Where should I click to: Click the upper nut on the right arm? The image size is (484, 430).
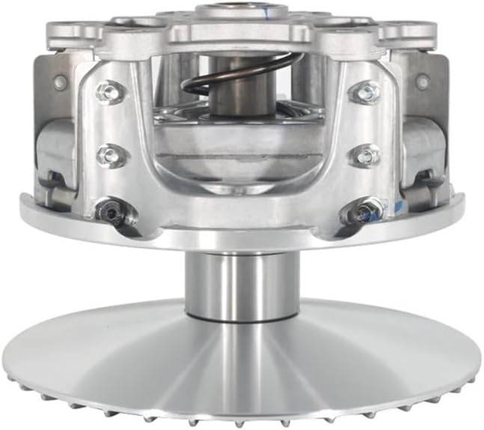tap(367, 93)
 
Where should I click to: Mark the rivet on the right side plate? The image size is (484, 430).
tap(423, 80)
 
